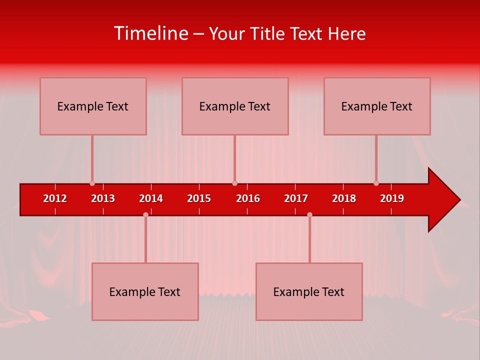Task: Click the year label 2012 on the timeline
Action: (x=55, y=198)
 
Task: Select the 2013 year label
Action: (x=103, y=198)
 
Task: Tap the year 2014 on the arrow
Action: (x=151, y=198)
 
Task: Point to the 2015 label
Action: (x=199, y=198)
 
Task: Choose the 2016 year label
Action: (x=248, y=198)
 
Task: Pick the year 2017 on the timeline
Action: (x=296, y=198)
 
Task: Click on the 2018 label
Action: (x=344, y=198)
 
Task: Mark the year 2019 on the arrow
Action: (x=392, y=198)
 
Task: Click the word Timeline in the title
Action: (x=150, y=33)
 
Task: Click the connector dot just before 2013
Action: (x=92, y=183)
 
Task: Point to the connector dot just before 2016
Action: (x=234, y=183)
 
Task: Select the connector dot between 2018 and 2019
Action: (x=376, y=183)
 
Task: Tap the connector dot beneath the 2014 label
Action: (x=145, y=214)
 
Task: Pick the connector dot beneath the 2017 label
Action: (x=309, y=214)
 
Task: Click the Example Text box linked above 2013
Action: (x=93, y=106)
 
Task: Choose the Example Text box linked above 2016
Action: (x=235, y=106)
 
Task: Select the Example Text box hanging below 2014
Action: (x=145, y=291)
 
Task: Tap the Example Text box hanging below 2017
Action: (x=309, y=291)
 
